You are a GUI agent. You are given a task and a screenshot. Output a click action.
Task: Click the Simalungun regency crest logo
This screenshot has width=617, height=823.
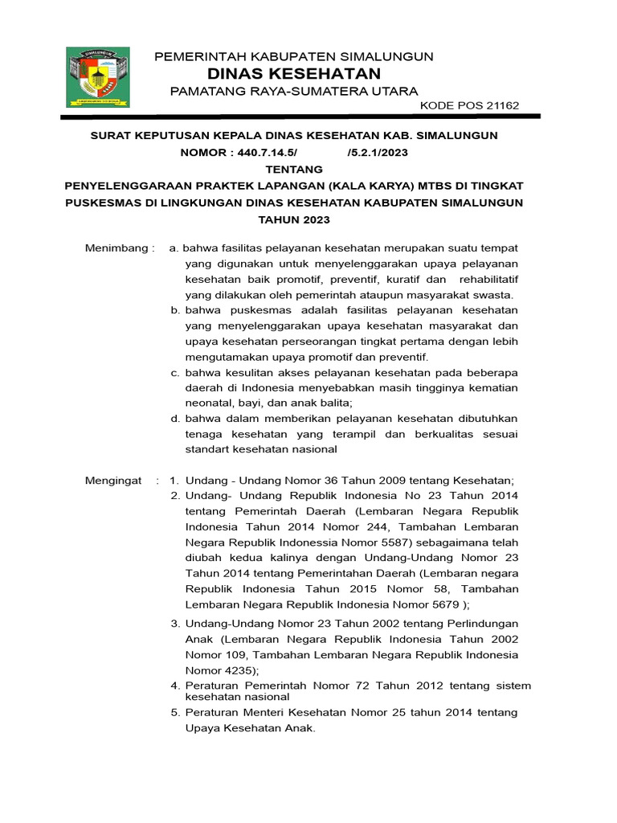[98, 77]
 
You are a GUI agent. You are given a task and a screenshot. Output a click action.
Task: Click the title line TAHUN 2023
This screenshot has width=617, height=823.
[294, 219]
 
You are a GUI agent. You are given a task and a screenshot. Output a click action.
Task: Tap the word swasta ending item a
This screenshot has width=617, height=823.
[493, 295]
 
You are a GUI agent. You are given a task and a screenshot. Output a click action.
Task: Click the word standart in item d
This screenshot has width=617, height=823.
[209, 449]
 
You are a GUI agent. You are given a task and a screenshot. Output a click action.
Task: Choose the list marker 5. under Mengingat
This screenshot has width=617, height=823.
[174, 712]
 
